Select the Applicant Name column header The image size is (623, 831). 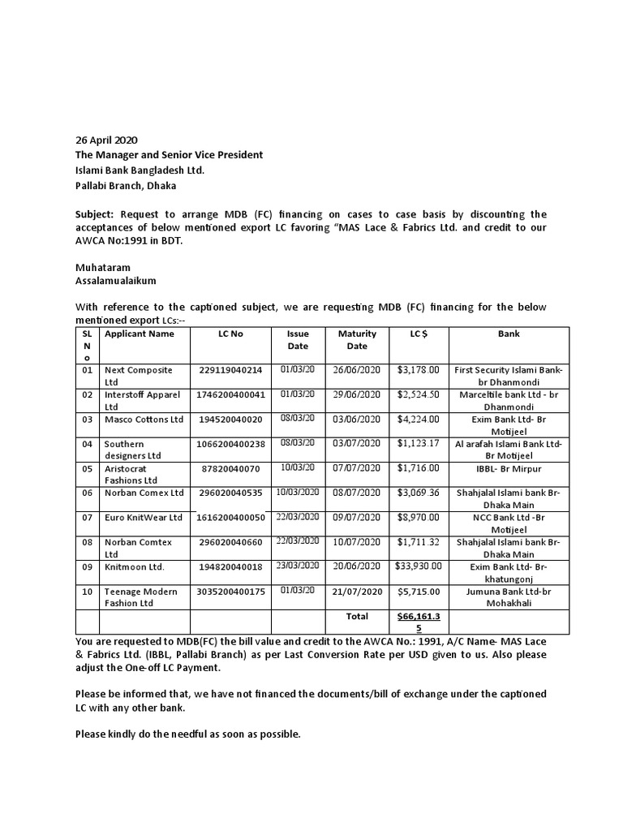[x=139, y=334]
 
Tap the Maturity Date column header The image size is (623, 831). [x=357, y=339]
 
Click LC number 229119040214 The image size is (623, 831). [x=230, y=370]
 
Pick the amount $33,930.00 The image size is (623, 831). [x=419, y=566]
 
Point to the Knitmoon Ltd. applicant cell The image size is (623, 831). [x=134, y=566]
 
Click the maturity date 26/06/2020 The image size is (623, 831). [x=357, y=370]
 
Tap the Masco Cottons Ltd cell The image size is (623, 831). [x=144, y=420]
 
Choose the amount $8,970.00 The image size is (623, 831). [x=419, y=517]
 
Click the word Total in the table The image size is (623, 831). [x=357, y=617]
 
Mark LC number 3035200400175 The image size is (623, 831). [x=230, y=592]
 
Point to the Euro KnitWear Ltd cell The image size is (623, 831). [x=144, y=517]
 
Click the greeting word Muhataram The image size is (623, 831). [x=102, y=267]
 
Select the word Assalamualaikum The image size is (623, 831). [x=116, y=281]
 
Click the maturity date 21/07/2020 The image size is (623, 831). [x=357, y=592]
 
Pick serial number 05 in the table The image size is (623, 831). [x=87, y=468]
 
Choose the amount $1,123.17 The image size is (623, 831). [x=419, y=444]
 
